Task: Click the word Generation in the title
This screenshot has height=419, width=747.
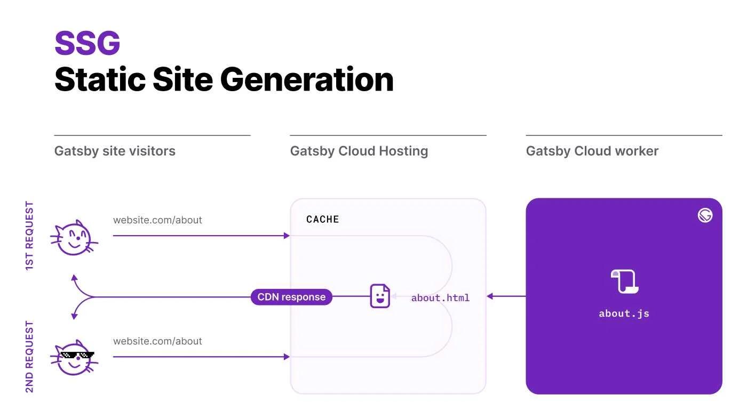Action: point(307,79)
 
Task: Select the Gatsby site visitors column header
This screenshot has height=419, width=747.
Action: point(115,151)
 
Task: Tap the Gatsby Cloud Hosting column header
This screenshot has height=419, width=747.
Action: point(359,151)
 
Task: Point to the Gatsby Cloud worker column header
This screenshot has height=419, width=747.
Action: point(592,151)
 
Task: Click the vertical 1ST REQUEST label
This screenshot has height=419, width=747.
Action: point(30,236)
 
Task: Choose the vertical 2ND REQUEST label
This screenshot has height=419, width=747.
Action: point(30,357)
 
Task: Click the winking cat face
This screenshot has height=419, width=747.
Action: point(74,238)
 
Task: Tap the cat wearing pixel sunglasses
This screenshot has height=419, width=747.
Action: point(75,358)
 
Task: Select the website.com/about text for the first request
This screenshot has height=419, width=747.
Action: point(157,220)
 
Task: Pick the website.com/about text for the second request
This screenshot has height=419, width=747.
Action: point(157,341)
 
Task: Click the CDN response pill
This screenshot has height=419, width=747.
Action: point(291,297)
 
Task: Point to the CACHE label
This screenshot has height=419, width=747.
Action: point(322,219)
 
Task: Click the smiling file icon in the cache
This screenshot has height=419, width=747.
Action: point(380,296)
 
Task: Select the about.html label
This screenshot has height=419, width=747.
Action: point(440,298)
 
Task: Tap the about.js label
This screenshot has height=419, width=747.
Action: point(624,313)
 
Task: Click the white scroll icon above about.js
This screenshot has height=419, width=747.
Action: point(624,281)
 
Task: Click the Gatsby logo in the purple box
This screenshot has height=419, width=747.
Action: point(705,215)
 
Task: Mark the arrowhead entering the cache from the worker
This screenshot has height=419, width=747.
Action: point(490,296)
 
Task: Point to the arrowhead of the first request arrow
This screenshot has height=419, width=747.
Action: point(287,236)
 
